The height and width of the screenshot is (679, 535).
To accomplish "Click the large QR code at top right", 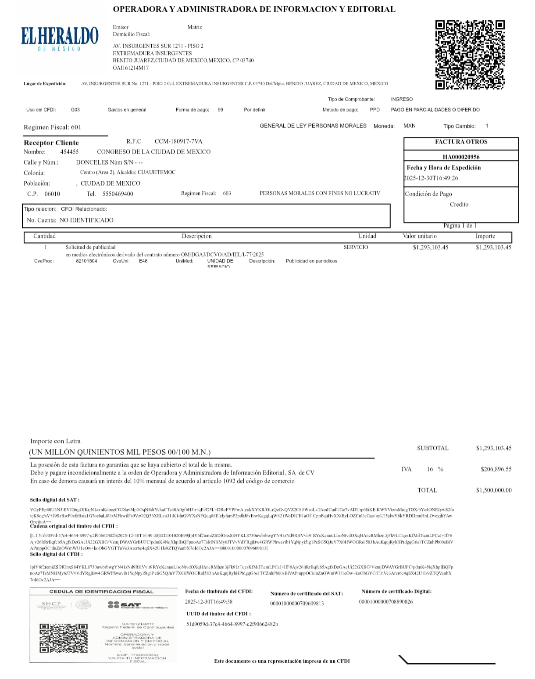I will [x=470, y=55].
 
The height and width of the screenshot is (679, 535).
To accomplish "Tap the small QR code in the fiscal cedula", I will [x=64, y=637].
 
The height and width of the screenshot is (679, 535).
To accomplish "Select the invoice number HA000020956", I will [x=461, y=157].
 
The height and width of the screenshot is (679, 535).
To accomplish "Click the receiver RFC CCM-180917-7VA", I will [x=178, y=141].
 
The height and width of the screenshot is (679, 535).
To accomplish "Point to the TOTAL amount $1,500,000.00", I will [x=494, y=490].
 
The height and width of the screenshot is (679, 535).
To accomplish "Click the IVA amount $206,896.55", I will [x=496, y=469].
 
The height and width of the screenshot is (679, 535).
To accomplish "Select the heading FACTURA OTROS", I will [x=461, y=142].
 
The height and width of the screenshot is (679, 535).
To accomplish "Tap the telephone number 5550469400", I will [x=118, y=194].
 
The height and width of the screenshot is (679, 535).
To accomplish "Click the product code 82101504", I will [x=86, y=261].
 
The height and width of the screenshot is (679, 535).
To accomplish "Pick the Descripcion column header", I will [x=196, y=236].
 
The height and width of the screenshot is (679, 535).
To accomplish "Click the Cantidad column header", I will [x=45, y=236].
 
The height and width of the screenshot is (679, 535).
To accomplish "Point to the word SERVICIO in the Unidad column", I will [x=356, y=248].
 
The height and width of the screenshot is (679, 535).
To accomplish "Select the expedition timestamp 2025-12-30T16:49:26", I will [x=431, y=178].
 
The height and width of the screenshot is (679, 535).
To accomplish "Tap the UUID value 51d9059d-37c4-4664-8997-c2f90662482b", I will [x=232, y=624].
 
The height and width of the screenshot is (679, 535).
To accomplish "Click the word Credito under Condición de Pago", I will [x=459, y=205].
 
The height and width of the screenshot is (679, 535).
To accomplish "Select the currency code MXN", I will [x=409, y=126].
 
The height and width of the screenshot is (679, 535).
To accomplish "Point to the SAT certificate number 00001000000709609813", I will [x=297, y=604].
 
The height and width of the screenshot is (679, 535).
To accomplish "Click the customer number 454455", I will [x=69, y=152].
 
